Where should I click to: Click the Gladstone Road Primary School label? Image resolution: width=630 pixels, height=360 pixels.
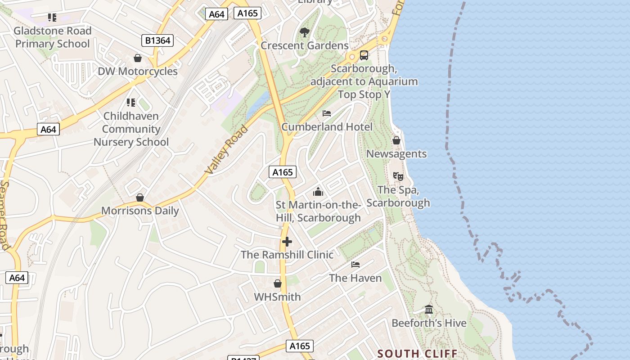(x=53, y=37)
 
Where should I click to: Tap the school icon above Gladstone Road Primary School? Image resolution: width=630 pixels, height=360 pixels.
(x=52, y=18)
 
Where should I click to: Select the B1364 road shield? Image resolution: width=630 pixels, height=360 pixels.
(x=157, y=40)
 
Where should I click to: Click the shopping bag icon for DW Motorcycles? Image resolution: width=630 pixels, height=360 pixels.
(x=138, y=58)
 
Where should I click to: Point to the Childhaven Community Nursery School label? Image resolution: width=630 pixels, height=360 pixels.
(x=131, y=129)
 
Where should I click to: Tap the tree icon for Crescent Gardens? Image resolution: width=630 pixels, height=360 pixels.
(x=305, y=32)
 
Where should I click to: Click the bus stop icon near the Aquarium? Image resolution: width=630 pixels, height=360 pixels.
(x=364, y=55)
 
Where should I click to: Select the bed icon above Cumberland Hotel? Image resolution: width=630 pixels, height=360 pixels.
(x=327, y=113)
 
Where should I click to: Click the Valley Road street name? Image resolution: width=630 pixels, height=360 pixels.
(x=226, y=150)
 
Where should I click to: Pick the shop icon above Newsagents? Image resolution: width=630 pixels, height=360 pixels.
(x=396, y=140)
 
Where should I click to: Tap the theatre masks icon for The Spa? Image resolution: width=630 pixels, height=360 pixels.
(x=398, y=176)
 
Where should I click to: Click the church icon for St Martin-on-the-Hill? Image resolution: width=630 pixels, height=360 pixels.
(x=318, y=192)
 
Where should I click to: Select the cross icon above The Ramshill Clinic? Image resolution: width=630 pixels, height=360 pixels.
(x=287, y=242)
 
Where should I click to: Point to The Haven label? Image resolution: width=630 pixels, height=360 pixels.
(x=355, y=278)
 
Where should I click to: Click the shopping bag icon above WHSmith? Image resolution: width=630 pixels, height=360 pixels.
(x=278, y=283)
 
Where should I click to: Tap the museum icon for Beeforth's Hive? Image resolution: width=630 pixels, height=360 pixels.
(x=429, y=310)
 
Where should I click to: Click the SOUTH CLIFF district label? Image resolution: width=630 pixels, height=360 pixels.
(x=417, y=354)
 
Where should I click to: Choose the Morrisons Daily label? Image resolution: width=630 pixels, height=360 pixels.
(x=140, y=211)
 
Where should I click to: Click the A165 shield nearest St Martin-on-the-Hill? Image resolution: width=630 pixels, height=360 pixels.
(x=283, y=171)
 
